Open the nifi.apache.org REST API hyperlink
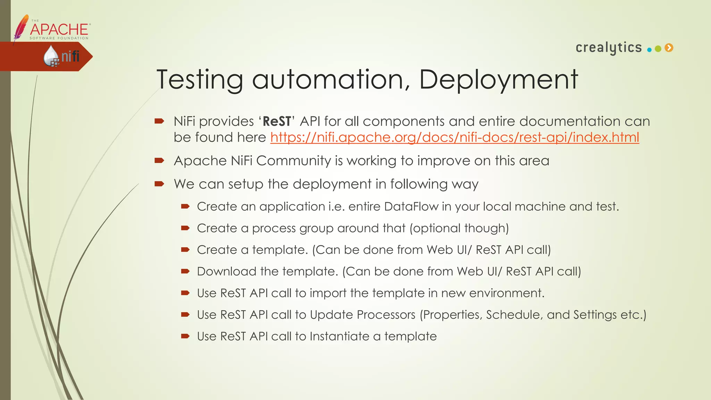pyautogui.click(x=454, y=137)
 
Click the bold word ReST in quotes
pyautogui.click(x=277, y=122)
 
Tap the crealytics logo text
pyautogui.click(x=609, y=48)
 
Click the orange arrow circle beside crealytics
pyautogui.click(x=669, y=48)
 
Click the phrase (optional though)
pyautogui.click(x=459, y=228)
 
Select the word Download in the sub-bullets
pyautogui.click(x=226, y=272)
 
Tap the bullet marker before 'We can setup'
pyautogui.click(x=159, y=184)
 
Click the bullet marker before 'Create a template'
pyautogui.click(x=185, y=250)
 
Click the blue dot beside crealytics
pyautogui.click(x=649, y=50)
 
